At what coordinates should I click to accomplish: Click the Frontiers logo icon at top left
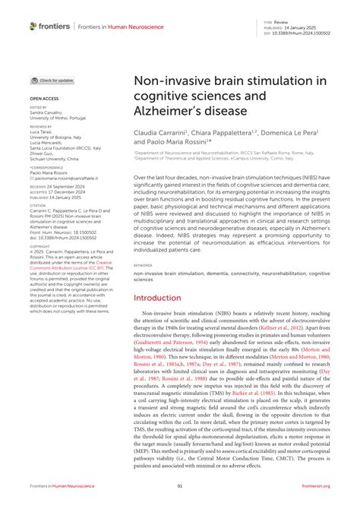coord(33,26)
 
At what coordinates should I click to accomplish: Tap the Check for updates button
coord(52,80)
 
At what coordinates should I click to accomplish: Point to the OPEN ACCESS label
coord(44,99)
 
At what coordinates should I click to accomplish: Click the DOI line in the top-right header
coord(303,33)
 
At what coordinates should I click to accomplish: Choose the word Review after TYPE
coord(292,23)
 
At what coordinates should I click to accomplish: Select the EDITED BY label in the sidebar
coord(39,107)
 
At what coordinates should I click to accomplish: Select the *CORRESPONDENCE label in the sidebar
coord(46,166)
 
